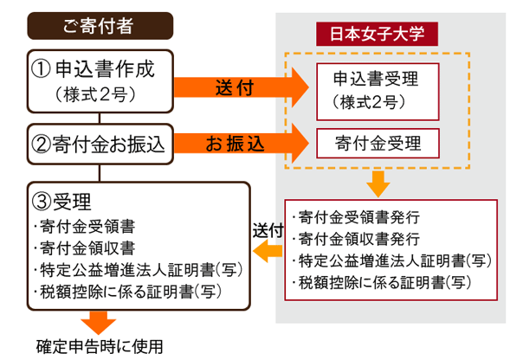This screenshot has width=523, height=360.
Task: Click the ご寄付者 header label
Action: (x=100, y=26)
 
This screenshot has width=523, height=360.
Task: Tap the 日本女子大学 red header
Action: (x=377, y=34)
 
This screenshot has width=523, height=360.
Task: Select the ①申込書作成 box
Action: (x=100, y=81)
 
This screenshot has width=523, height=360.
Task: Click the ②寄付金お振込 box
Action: (x=100, y=144)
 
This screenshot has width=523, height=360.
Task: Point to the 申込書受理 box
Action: (x=378, y=92)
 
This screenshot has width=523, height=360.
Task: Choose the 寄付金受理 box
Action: (x=378, y=144)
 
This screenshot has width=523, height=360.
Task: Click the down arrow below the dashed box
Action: (x=378, y=184)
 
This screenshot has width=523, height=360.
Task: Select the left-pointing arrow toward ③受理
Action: (x=268, y=251)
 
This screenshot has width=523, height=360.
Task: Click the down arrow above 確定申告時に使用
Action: (x=99, y=323)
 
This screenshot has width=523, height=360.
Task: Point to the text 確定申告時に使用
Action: (x=100, y=347)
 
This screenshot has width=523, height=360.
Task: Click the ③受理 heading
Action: (x=61, y=202)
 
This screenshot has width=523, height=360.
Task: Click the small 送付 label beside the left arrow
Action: (x=268, y=231)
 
